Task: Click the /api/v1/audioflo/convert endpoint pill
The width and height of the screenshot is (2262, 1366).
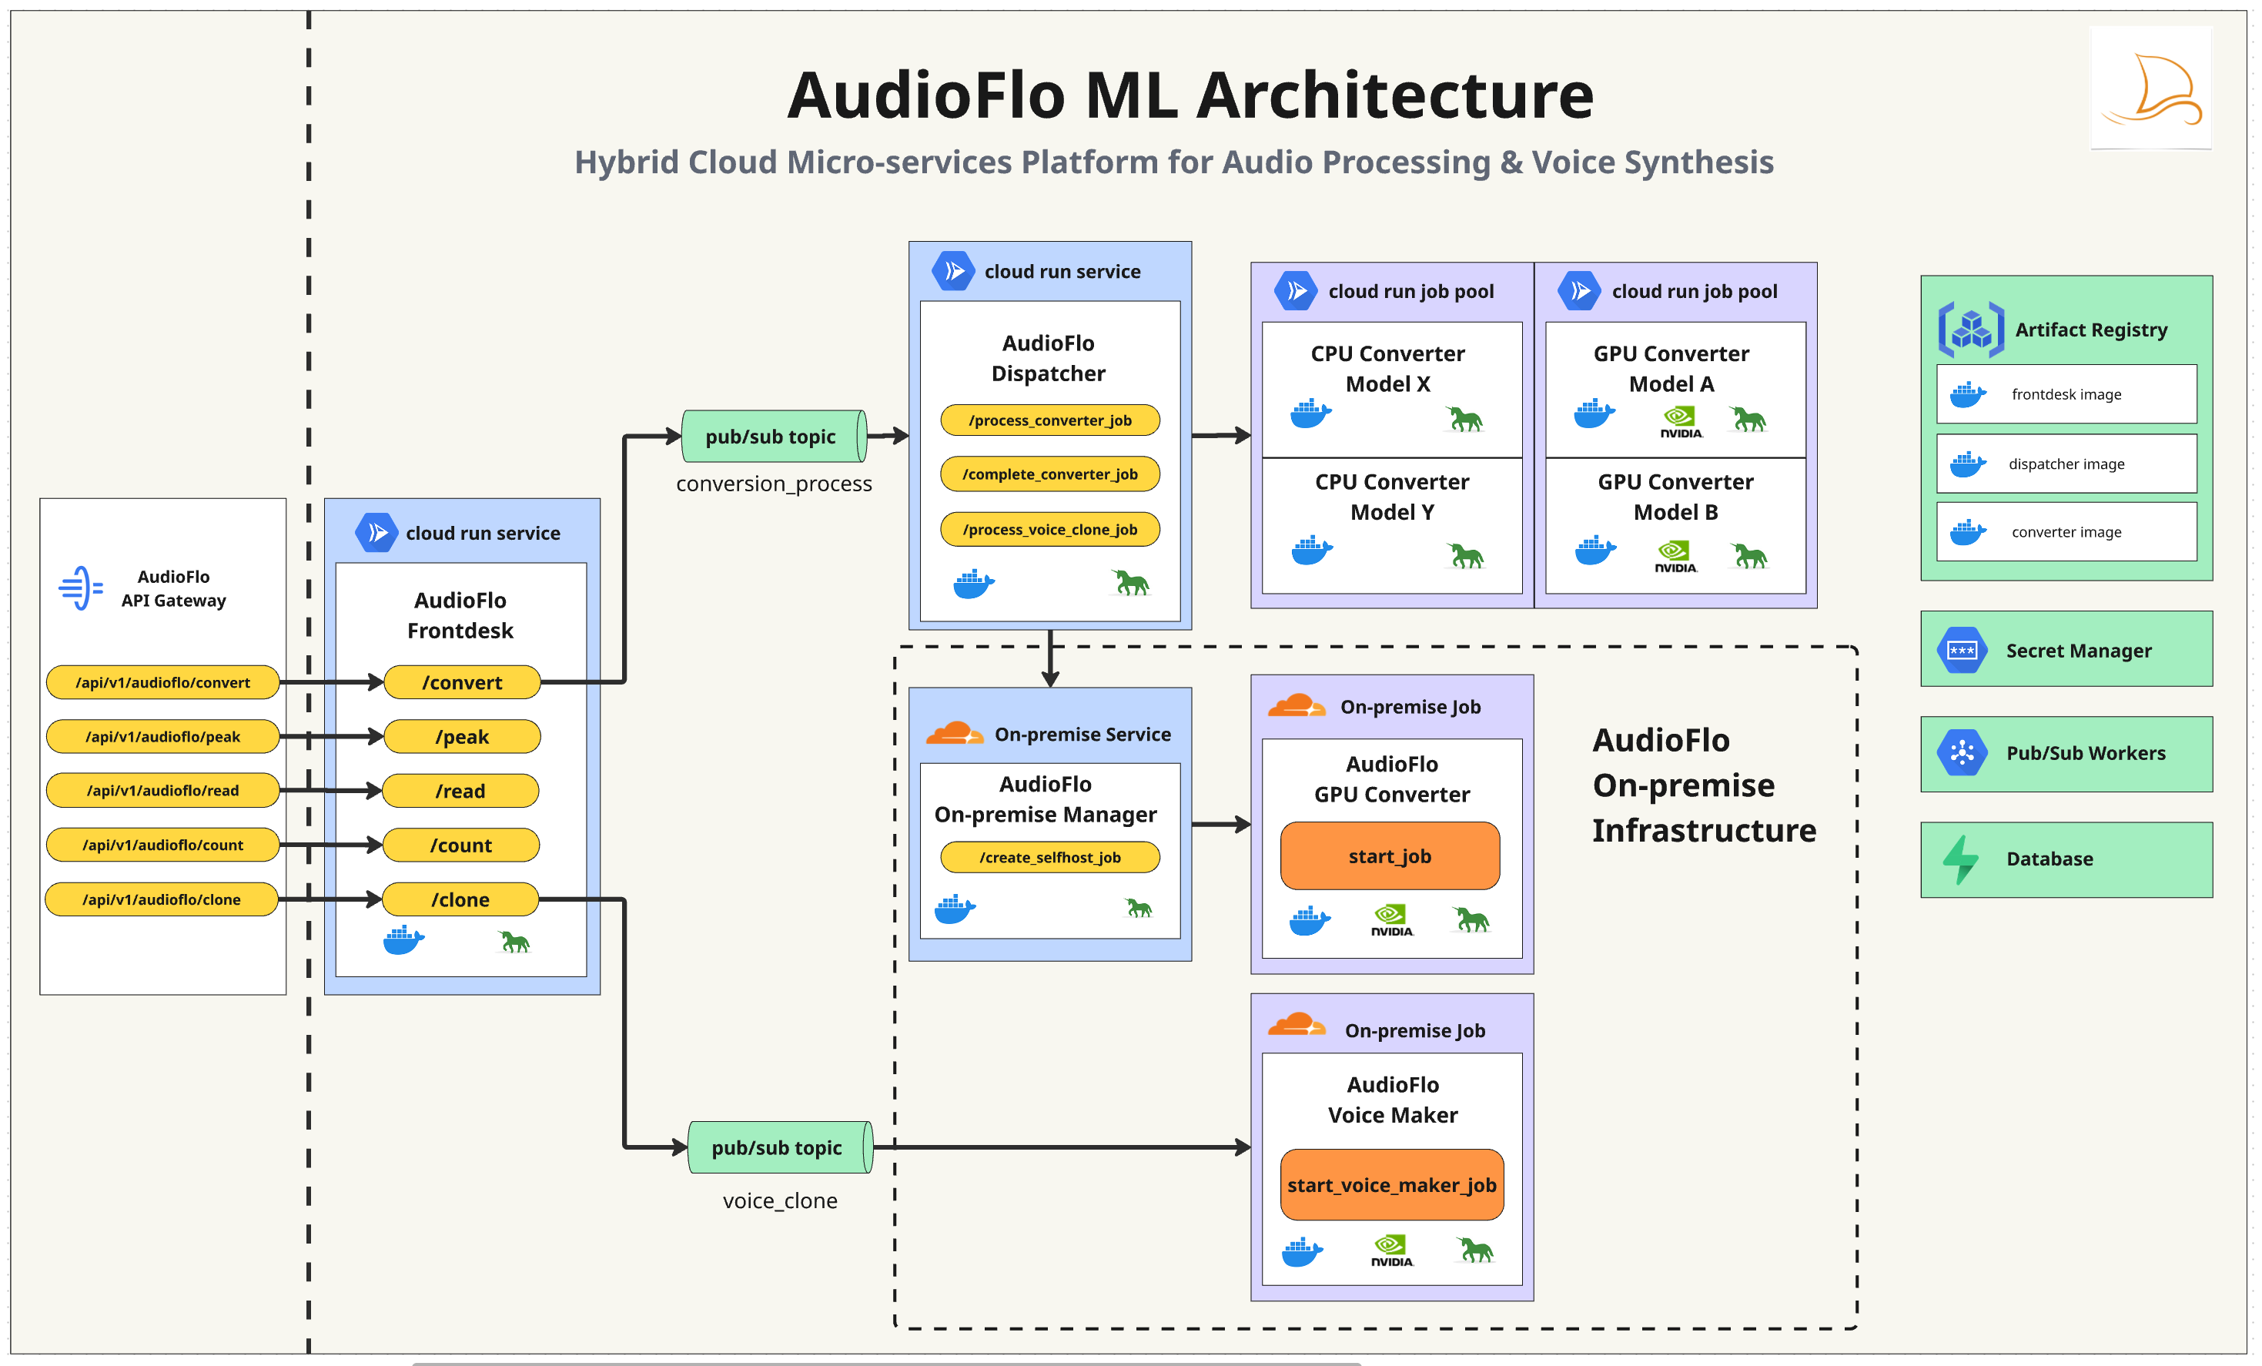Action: (162, 682)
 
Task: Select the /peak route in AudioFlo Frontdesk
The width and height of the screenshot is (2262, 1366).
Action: (462, 736)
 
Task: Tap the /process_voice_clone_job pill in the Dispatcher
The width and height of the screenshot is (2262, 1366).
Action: (1049, 530)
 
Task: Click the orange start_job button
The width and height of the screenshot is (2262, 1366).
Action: (1389, 855)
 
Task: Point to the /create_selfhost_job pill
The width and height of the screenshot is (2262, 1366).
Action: (1049, 858)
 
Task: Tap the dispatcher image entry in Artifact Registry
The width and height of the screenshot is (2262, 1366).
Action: (2066, 464)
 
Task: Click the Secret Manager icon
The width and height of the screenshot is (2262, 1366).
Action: (1961, 650)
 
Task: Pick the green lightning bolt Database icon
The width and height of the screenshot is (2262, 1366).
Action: (1960, 859)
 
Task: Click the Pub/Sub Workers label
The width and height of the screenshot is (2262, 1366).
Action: (2085, 753)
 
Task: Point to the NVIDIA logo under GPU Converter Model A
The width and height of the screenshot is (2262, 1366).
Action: (1680, 422)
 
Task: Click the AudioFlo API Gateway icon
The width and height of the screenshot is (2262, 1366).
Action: (81, 588)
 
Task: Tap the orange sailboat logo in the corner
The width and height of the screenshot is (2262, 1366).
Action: (2151, 89)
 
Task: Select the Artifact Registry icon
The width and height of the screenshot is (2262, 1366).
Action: (1970, 329)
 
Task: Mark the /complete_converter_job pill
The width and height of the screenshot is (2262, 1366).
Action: (1049, 474)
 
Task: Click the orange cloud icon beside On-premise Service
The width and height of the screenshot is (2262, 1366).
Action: (954, 734)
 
